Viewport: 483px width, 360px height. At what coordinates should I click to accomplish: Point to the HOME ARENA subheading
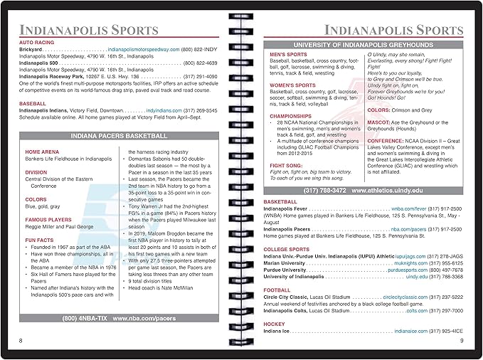point(42,152)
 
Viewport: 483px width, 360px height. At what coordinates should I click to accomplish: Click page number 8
point(21,341)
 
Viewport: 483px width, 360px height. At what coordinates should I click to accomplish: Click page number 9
point(461,341)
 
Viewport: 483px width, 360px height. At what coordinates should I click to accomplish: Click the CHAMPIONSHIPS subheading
point(291,115)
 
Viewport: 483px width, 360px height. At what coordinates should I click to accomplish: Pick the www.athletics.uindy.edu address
point(385,191)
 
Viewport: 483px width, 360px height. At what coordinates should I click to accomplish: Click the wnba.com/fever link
point(408,209)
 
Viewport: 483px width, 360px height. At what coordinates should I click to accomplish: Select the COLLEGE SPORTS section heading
point(287,250)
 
